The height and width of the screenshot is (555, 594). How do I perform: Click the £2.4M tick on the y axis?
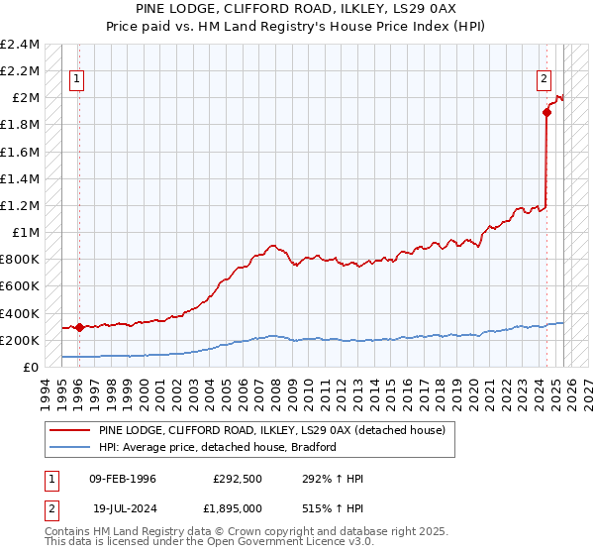tap(21, 45)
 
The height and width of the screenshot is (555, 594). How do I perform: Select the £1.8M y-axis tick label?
tap(21, 125)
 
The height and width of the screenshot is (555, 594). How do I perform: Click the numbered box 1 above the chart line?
tap(77, 81)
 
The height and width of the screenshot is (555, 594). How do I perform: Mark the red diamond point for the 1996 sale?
tap(79, 327)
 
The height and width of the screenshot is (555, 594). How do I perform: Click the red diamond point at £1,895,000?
tap(546, 112)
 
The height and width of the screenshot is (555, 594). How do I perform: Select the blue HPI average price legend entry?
tap(218, 447)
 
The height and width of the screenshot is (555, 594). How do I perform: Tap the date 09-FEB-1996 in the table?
tap(123, 479)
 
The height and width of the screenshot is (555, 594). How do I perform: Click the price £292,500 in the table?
tap(238, 479)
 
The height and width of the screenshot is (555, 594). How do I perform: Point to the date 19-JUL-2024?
tap(123, 507)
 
